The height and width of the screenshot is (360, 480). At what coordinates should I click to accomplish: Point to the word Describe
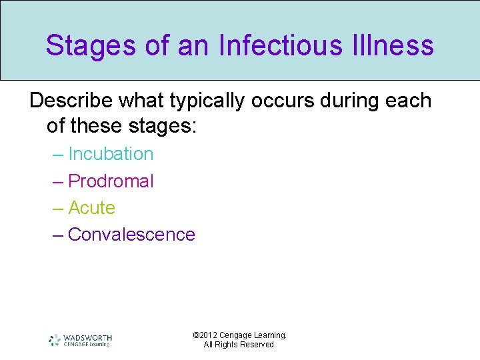pos(71,101)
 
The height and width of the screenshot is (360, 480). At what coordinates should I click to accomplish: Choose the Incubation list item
pos(111,154)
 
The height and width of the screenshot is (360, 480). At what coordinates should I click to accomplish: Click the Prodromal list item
pos(111,181)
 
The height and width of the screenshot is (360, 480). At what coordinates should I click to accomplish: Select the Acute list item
pos(91,208)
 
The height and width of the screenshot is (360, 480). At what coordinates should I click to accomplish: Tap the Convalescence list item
pos(131,235)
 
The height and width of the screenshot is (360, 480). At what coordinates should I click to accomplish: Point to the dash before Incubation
pos(58,154)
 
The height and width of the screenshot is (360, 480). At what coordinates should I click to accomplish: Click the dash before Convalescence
pos(58,235)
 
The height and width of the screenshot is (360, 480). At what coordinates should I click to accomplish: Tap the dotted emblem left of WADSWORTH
pos(55,340)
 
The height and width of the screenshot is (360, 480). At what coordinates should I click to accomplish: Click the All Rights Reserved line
pos(240,345)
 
